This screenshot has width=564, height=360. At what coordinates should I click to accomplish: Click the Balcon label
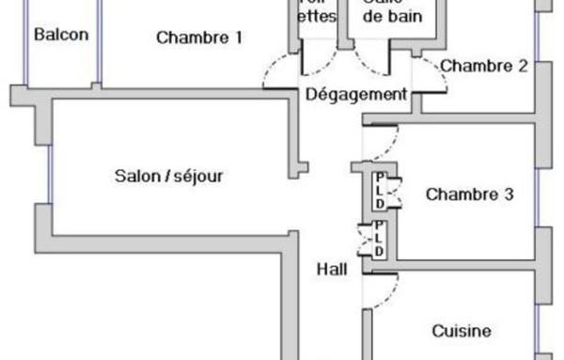tap(61, 36)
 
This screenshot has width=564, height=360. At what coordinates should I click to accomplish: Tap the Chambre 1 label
tap(199, 39)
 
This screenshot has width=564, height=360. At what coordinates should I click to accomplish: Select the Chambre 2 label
tap(484, 66)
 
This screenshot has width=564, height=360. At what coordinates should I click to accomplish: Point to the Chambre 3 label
tap(469, 195)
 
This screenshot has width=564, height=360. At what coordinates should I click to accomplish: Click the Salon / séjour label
tap(169, 175)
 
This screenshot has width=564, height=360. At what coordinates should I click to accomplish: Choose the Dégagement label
tap(356, 94)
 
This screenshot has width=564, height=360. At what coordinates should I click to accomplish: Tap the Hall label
tap(332, 269)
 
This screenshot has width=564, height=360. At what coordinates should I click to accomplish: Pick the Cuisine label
tap(461, 331)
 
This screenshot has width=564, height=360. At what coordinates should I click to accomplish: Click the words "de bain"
tap(393, 17)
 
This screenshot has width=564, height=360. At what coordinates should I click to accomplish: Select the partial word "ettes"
tap(317, 17)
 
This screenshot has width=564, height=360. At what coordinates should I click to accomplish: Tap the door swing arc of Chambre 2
tap(428, 70)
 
